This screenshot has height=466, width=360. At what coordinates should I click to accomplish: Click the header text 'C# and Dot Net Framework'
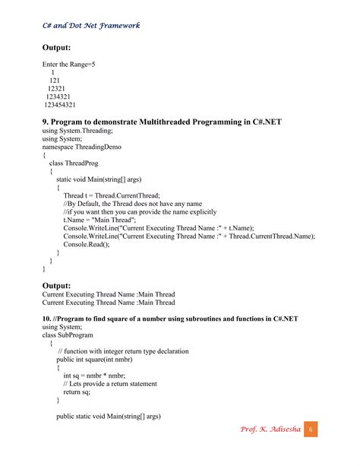91,25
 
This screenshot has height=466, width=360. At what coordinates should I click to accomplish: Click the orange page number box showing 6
311,430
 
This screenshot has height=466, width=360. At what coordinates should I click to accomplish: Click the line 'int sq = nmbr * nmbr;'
94,376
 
